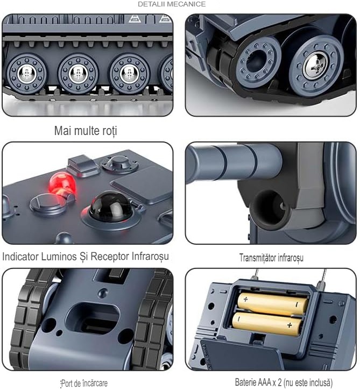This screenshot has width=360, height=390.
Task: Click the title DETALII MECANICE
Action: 172,4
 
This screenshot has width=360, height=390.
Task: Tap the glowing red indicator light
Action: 62,182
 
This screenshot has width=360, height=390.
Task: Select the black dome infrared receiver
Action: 111,206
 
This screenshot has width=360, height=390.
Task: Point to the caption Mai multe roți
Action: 86,131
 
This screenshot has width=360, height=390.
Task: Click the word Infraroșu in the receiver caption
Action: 150,257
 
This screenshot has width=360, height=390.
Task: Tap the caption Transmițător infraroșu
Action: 271,258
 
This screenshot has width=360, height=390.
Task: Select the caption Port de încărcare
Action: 84,383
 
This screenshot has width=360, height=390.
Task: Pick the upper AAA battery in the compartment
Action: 272,304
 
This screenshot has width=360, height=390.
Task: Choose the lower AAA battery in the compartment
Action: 267,324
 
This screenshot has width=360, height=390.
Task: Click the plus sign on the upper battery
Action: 245,299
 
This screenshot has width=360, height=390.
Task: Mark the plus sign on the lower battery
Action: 289,325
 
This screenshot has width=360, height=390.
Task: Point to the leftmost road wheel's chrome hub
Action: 26,74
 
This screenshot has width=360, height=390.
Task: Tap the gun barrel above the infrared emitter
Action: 234,162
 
